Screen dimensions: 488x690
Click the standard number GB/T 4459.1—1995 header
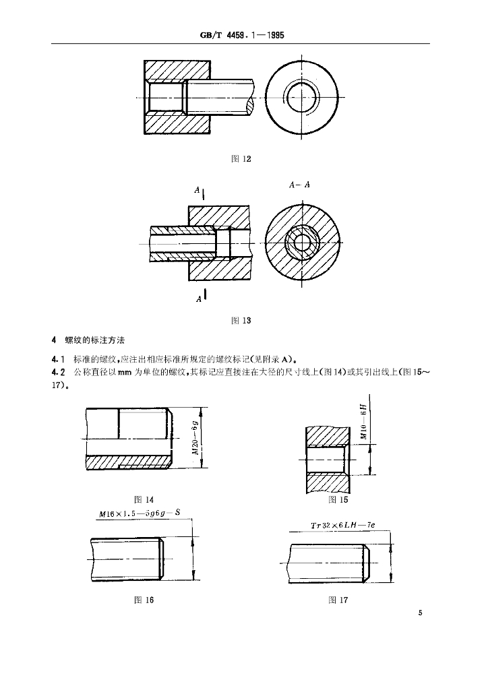[x=242, y=36]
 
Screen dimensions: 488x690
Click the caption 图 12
[x=241, y=159]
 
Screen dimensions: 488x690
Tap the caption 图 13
[x=241, y=320]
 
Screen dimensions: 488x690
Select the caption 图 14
[x=144, y=499]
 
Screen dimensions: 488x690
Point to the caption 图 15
[x=338, y=499]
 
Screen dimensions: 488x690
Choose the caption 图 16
[x=144, y=600]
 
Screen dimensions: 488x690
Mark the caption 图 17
[x=338, y=600]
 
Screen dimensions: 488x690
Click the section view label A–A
[x=299, y=185]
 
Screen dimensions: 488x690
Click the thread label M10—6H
[x=365, y=422]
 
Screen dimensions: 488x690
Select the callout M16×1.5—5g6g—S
[x=140, y=513]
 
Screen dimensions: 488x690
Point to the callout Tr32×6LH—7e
[x=343, y=525]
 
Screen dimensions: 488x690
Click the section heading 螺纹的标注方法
[x=94, y=340]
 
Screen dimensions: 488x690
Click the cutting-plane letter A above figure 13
[x=197, y=190]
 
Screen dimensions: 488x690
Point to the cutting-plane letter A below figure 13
[x=199, y=299]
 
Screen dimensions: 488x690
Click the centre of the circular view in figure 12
[x=303, y=97]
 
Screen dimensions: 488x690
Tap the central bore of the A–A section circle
[x=303, y=243]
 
